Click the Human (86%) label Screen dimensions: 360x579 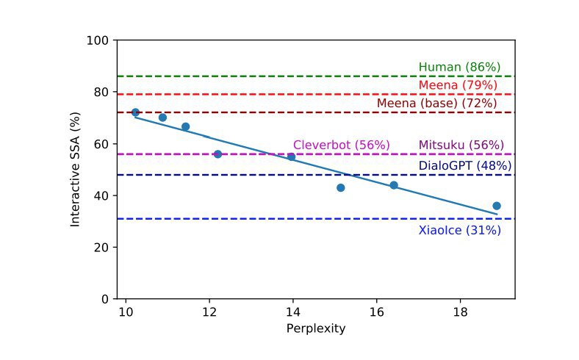(x=459, y=68)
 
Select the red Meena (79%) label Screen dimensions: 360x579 (x=459, y=86)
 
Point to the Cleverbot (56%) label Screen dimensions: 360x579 (x=341, y=145)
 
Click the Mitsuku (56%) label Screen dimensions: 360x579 (x=461, y=145)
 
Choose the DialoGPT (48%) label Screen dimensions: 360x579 (x=464, y=166)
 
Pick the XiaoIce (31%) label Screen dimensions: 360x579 (x=459, y=231)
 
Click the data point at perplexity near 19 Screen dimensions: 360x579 (x=497, y=206)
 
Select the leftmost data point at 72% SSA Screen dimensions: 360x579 (x=135, y=112)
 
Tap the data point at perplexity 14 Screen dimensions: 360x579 (x=291, y=156)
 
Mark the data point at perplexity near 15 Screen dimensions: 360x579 (x=340, y=187)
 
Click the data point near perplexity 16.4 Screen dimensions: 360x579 (x=394, y=185)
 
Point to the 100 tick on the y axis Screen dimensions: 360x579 (x=99, y=40)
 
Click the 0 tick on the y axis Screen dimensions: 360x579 (x=105, y=299)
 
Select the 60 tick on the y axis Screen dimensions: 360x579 (x=102, y=144)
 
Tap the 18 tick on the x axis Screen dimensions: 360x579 (x=460, y=311)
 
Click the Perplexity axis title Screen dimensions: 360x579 (x=315, y=328)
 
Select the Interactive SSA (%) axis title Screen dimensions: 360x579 (x=75, y=170)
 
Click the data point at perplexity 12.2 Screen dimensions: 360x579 (x=217, y=154)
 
